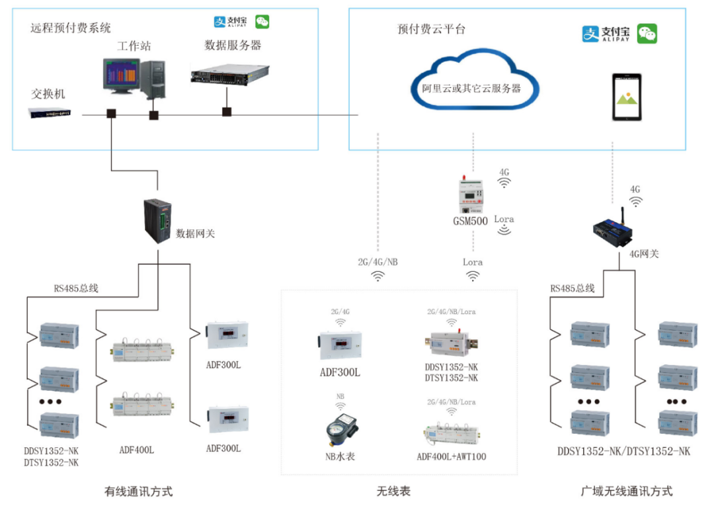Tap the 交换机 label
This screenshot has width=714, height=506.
point(48,94)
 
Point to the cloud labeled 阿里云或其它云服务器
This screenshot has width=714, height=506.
point(472,87)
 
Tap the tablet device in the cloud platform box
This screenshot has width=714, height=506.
point(626,97)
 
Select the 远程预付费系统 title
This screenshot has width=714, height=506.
point(71,28)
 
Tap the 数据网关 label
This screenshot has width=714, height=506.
point(195,233)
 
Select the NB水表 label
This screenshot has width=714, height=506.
point(340,456)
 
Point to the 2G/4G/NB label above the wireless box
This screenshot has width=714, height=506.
point(377,262)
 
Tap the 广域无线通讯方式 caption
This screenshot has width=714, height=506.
point(626,491)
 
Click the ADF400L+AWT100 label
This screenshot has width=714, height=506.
point(452,456)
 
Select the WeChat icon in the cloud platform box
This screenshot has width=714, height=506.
point(647,34)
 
